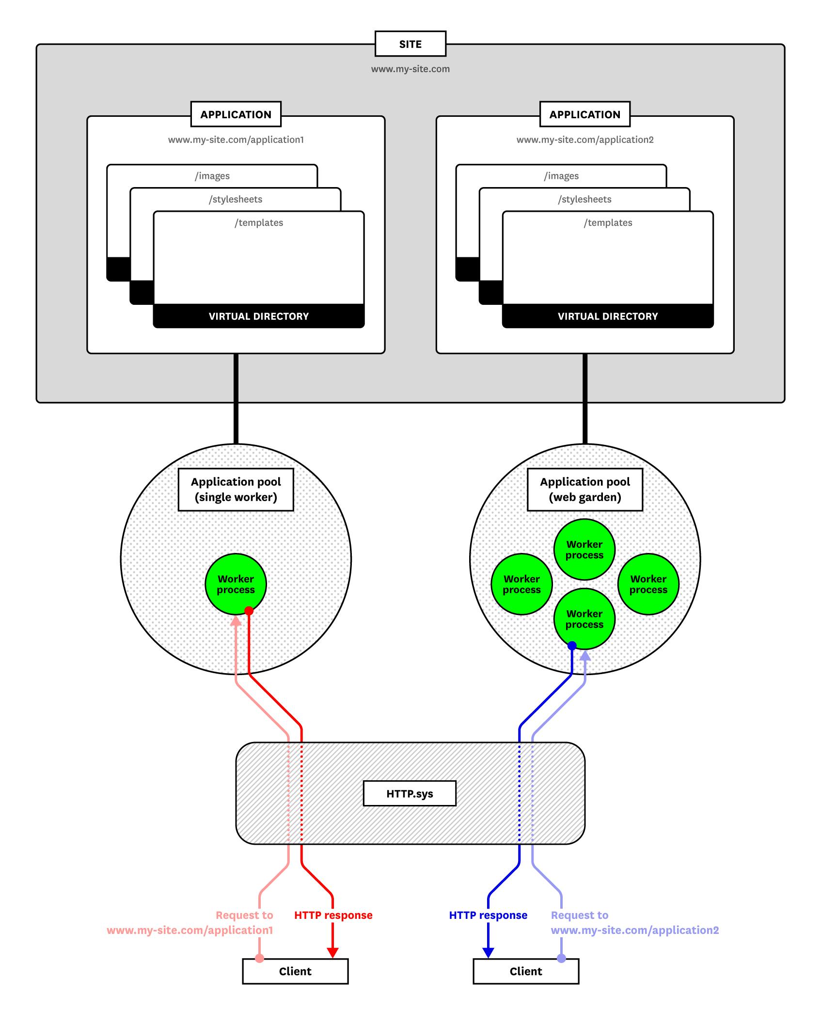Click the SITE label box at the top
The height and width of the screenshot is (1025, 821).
click(410, 44)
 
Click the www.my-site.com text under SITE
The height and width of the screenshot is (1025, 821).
click(410, 69)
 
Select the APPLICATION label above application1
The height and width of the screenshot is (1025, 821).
click(236, 114)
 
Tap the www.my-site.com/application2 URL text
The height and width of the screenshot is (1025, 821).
click(585, 140)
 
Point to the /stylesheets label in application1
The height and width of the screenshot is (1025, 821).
click(236, 199)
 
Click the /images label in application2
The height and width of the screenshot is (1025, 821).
click(561, 176)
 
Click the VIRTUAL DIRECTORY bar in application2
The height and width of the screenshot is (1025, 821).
click(608, 316)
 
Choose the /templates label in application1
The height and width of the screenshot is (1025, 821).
click(259, 222)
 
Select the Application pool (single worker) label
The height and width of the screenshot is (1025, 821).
click(236, 489)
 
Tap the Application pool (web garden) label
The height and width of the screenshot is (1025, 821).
click(585, 489)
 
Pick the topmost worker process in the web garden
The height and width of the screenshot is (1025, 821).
click(584, 550)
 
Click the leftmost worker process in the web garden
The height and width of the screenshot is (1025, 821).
click(521, 584)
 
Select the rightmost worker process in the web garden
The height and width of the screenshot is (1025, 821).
click(648, 584)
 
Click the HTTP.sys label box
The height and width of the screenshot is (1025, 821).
click(410, 793)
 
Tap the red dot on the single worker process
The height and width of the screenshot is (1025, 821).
click(249, 611)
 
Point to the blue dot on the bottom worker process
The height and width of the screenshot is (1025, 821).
click(572, 646)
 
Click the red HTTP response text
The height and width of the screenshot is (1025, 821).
click(333, 915)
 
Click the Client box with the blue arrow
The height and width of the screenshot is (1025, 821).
click(526, 971)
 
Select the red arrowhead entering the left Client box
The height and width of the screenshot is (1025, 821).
click(332, 952)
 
